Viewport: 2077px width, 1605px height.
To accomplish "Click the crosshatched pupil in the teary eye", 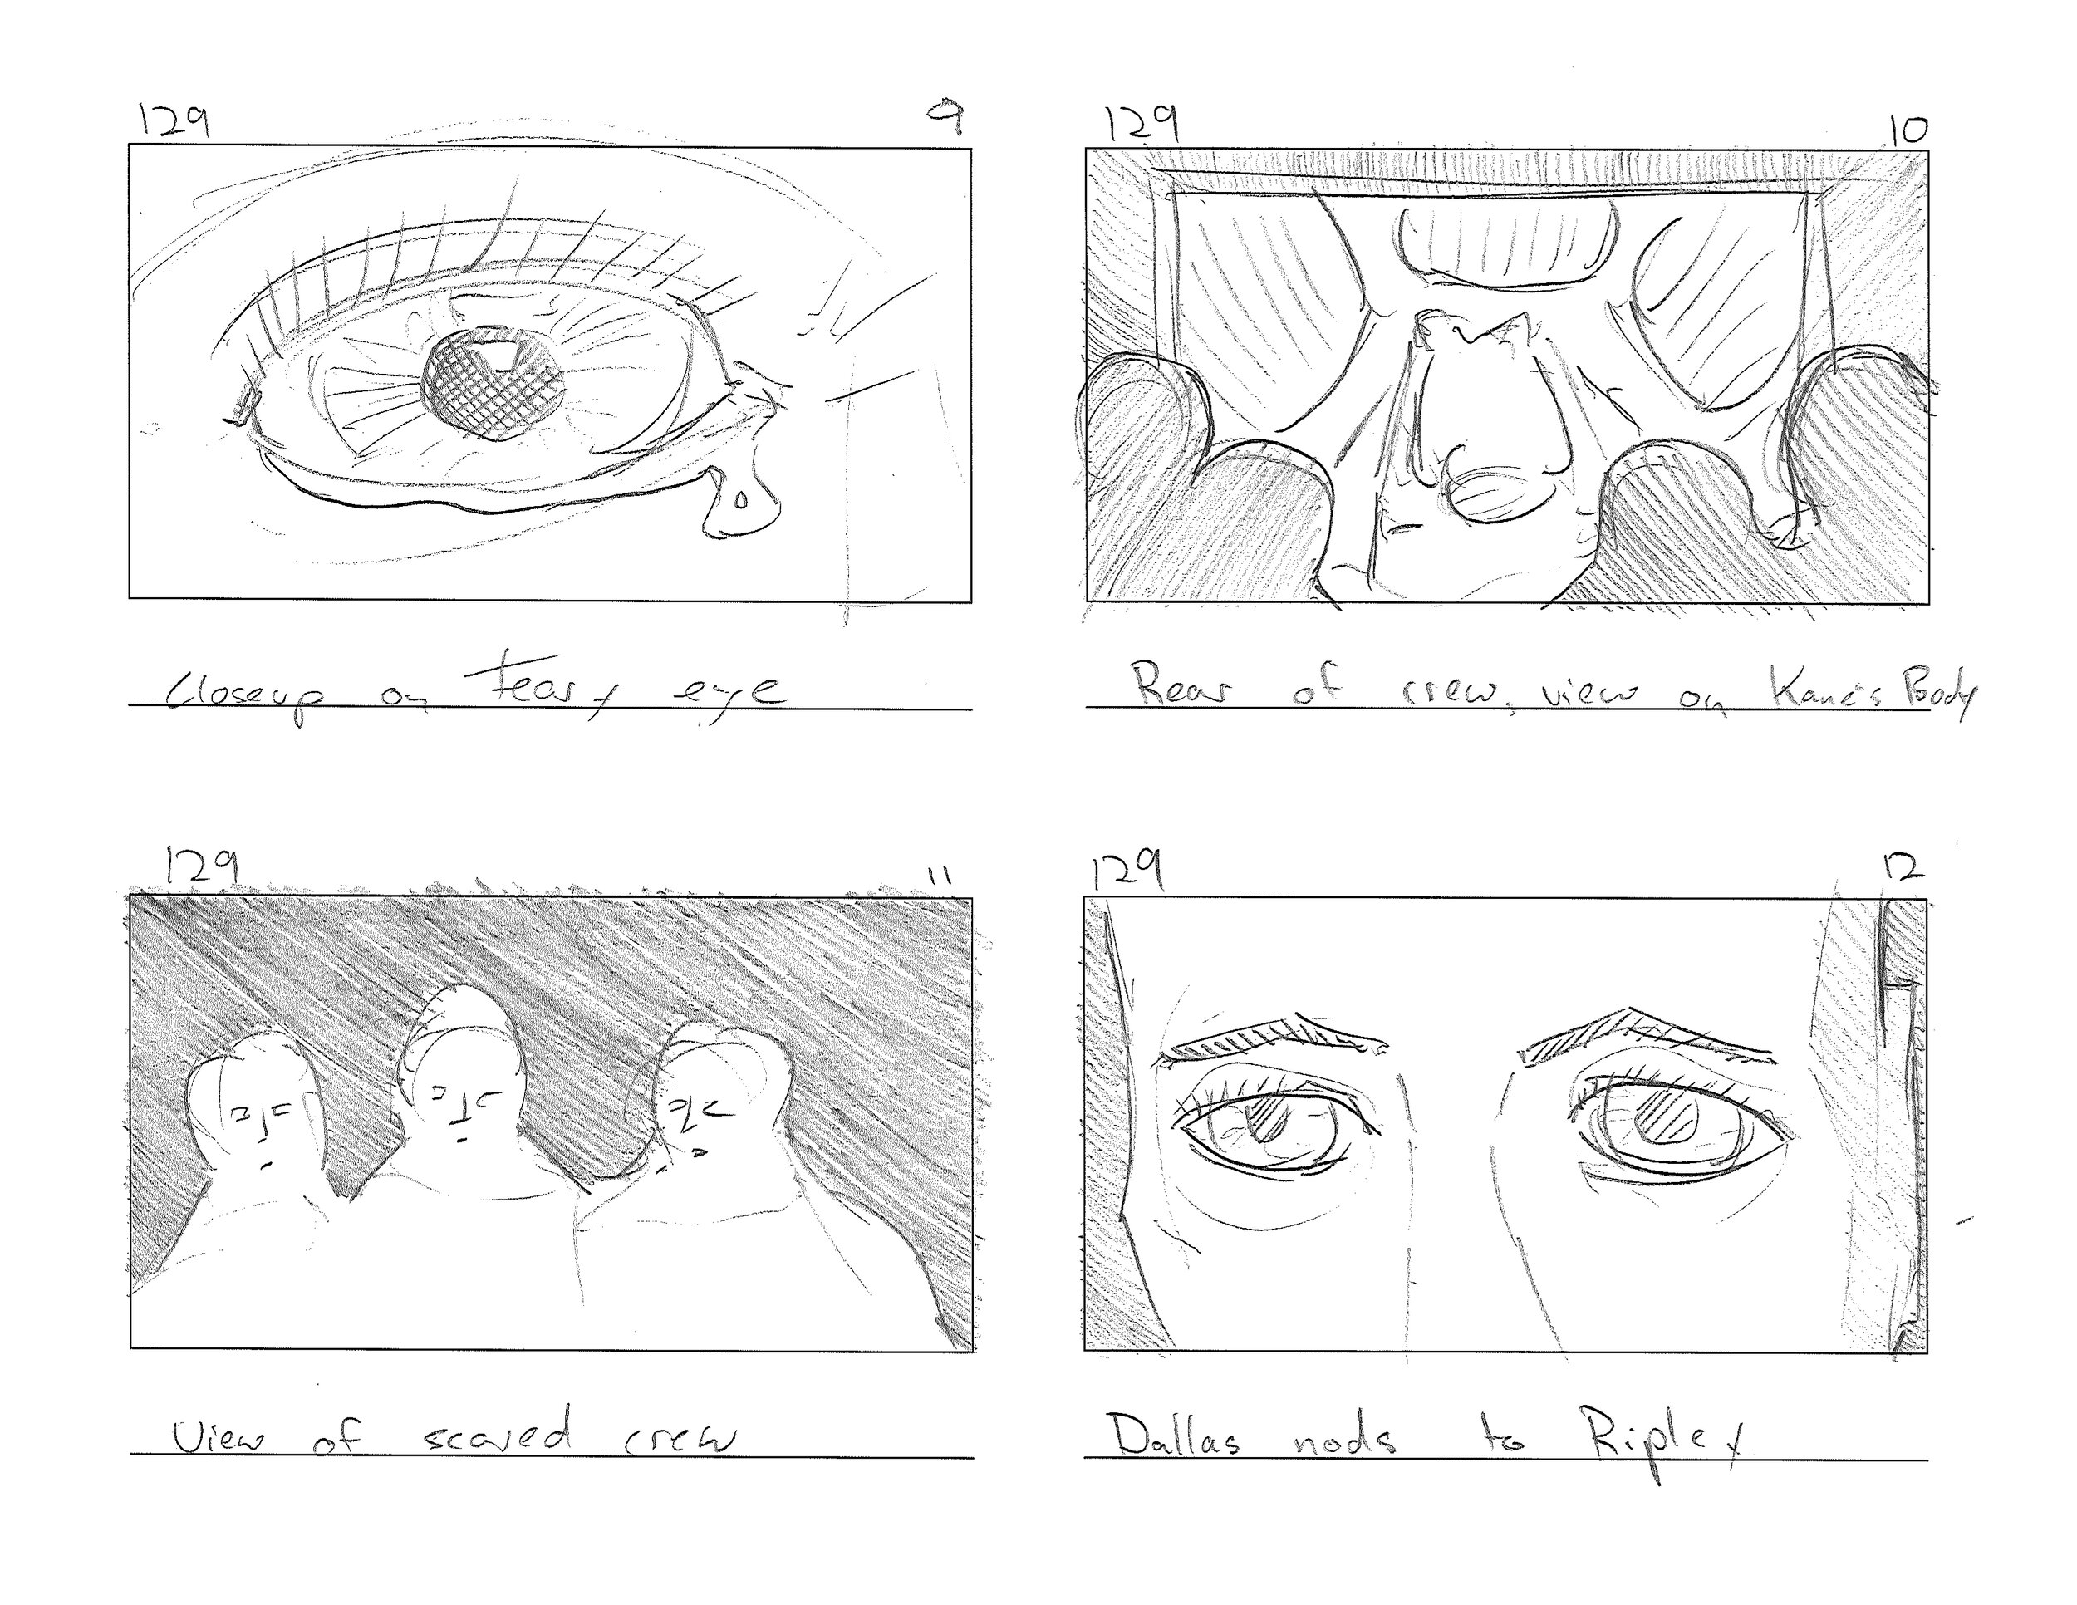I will coord(493,387).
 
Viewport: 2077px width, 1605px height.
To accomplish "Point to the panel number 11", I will coord(940,875).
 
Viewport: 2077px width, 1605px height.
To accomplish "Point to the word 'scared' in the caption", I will coord(498,1435).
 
